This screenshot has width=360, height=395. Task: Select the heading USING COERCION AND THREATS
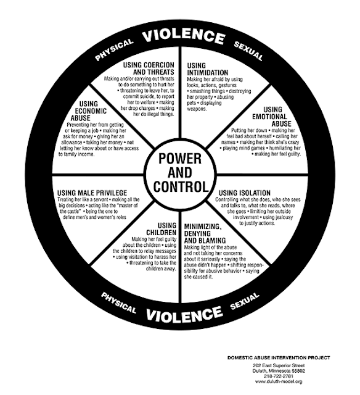pyautogui.click(x=149, y=69)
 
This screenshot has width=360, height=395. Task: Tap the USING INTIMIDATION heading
pyautogui.click(x=208, y=69)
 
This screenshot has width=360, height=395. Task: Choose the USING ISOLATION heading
pyautogui.click(x=244, y=193)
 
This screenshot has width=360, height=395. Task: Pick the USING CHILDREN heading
pyautogui.click(x=162, y=229)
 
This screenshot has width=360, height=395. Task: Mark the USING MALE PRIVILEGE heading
pyautogui.click(x=92, y=193)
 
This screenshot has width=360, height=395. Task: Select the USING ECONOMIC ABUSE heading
pyautogui.click(x=89, y=111)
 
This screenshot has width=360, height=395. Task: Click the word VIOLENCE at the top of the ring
pyautogui.click(x=183, y=36)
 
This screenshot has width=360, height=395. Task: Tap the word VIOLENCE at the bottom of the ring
pyautogui.click(x=184, y=314)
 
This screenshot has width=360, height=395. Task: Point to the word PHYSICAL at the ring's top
pyautogui.click(x=114, y=49)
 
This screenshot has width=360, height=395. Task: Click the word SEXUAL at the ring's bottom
pyautogui.click(x=245, y=301)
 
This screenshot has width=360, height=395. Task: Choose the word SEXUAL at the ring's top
pyautogui.click(x=248, y=51)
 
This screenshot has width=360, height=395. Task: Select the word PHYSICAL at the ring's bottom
pyautogui.click(x=118, y=302)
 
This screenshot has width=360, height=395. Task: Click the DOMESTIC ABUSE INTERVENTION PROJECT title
pyautogui.click(x=279, y=357)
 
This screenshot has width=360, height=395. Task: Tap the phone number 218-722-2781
pyautogui.click(x=279, y=376)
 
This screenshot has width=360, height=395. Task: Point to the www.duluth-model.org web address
pyautogui.click(x=279, y=381)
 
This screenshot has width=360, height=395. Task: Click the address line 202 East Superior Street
pyautogui.click(x=279, y=365)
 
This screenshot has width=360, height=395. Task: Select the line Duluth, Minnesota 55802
pyautogui.click(x=279, y=371)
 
